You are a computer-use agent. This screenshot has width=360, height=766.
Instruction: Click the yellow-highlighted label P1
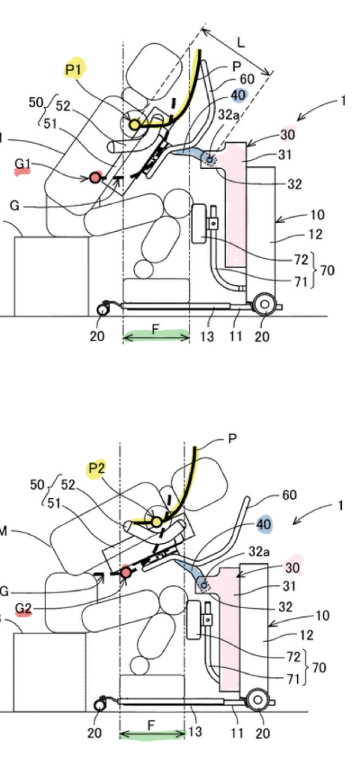tap(74, 71)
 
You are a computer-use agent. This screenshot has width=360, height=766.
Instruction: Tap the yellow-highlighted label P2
tap(97, 470)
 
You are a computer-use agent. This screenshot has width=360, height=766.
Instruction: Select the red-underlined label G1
tap(23, 166)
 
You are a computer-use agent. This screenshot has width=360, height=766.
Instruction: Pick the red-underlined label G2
tap(23, 608)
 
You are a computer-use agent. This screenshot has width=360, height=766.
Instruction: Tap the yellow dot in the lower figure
tap(156, 522)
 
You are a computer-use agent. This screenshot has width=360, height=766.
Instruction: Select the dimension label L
tap(241, 43)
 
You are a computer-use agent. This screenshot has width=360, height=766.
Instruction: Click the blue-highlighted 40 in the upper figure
tap(238, 95)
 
